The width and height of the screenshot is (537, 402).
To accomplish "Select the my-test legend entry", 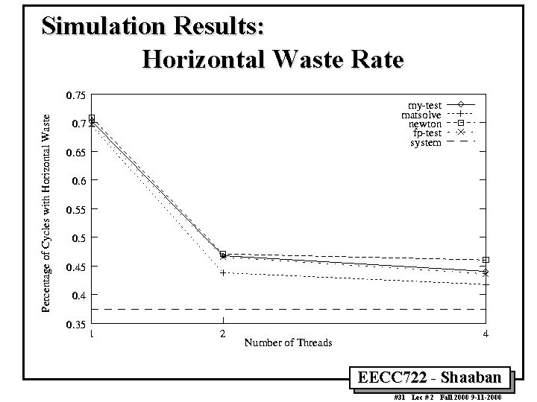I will [x=424, y=104].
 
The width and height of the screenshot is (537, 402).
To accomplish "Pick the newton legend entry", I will [x=425, y=124].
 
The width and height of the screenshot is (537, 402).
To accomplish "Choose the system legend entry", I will [x=426, y=142].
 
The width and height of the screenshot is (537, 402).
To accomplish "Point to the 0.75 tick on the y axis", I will [x=75, y=95].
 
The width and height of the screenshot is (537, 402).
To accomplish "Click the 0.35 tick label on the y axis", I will [x=75, y=325].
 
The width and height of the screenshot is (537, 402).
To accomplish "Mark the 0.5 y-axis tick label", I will [x=78, y=238].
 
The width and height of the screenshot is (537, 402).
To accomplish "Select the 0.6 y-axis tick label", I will [x=78, y=181].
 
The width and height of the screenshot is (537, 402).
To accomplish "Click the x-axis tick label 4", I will [x=486, y=334].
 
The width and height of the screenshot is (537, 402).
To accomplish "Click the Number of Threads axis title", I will [x=288, y=342].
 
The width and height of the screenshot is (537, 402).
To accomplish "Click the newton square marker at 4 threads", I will [x=486, y=260].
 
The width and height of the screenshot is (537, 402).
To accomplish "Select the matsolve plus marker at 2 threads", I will [x=223, y=273].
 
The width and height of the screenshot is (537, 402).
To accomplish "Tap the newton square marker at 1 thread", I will [x=92, y=118].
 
